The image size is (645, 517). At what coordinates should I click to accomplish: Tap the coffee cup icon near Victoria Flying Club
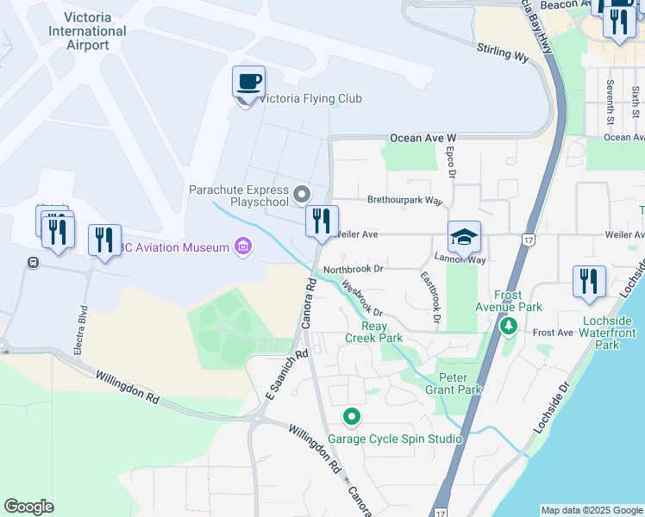coord(248,83)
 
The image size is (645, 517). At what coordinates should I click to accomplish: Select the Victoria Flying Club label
coord(310,98)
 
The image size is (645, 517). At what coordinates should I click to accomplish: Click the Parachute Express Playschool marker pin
coord(302,194)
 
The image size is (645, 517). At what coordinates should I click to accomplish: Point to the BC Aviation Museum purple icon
coord(243,248)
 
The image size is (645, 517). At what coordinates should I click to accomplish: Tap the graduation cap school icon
coord(464,237)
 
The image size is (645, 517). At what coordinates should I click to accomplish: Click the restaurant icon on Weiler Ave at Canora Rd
coord(322,221)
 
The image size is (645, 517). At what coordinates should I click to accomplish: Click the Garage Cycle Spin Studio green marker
coord(352,418)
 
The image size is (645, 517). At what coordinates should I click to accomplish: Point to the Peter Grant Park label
coord(460,383)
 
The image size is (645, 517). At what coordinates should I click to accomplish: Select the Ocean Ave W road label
coord(423,138)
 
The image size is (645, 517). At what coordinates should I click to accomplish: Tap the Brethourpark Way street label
coord(404,200)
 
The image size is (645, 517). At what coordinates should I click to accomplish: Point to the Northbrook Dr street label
coord(353,269)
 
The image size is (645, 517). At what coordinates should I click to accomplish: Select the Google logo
coord(28,507)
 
